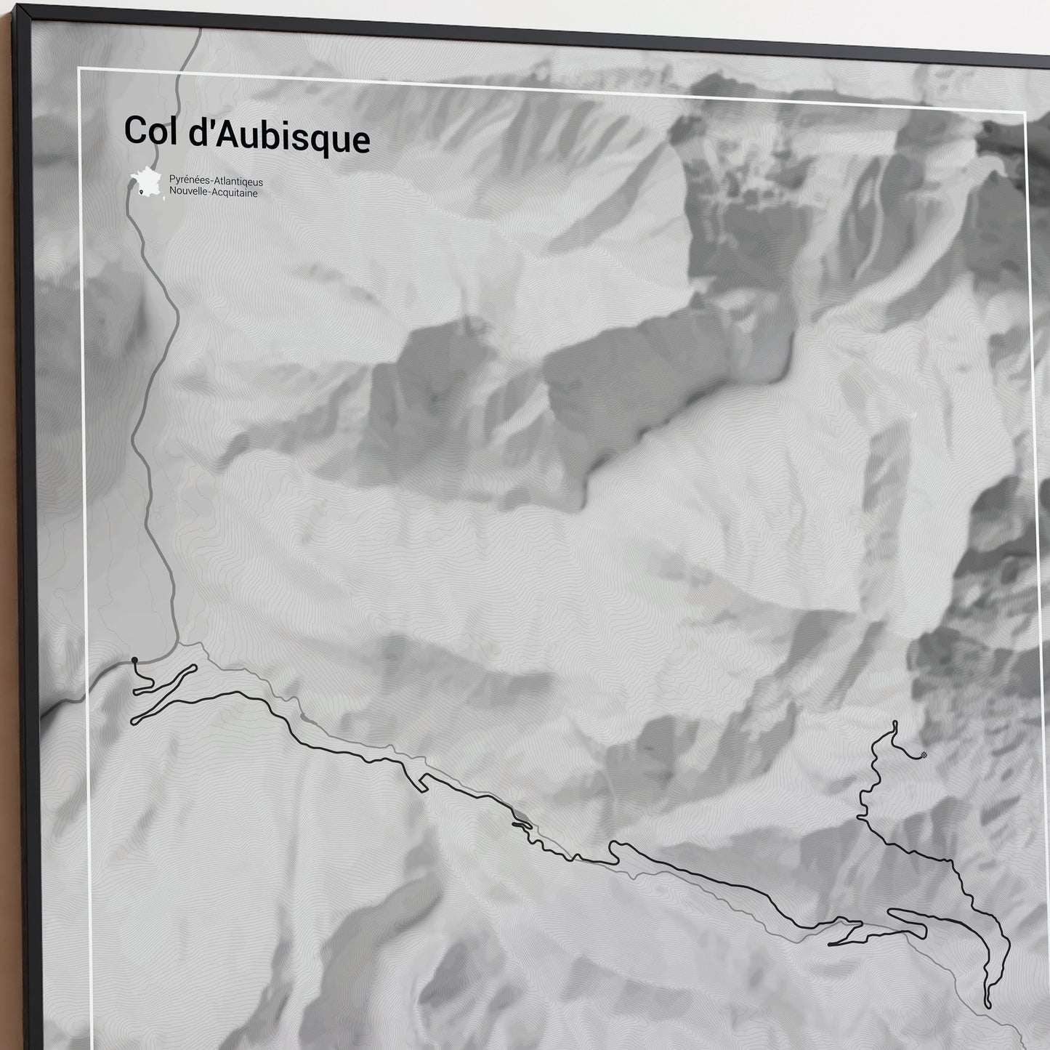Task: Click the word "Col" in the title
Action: click(x=142, y=131)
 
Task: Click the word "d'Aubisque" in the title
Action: click(x=272, y=138)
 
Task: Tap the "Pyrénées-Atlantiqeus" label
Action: click(x=216, y=182)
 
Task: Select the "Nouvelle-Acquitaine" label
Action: click(x=213, y=193)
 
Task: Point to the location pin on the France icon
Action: click(x=140, y=192)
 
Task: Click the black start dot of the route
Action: click(x=134, y=660)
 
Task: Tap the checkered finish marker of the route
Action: click(x=924, y=755)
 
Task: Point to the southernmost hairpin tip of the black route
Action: click(x=988, y=1005)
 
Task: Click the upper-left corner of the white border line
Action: click(x=78, y=69)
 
